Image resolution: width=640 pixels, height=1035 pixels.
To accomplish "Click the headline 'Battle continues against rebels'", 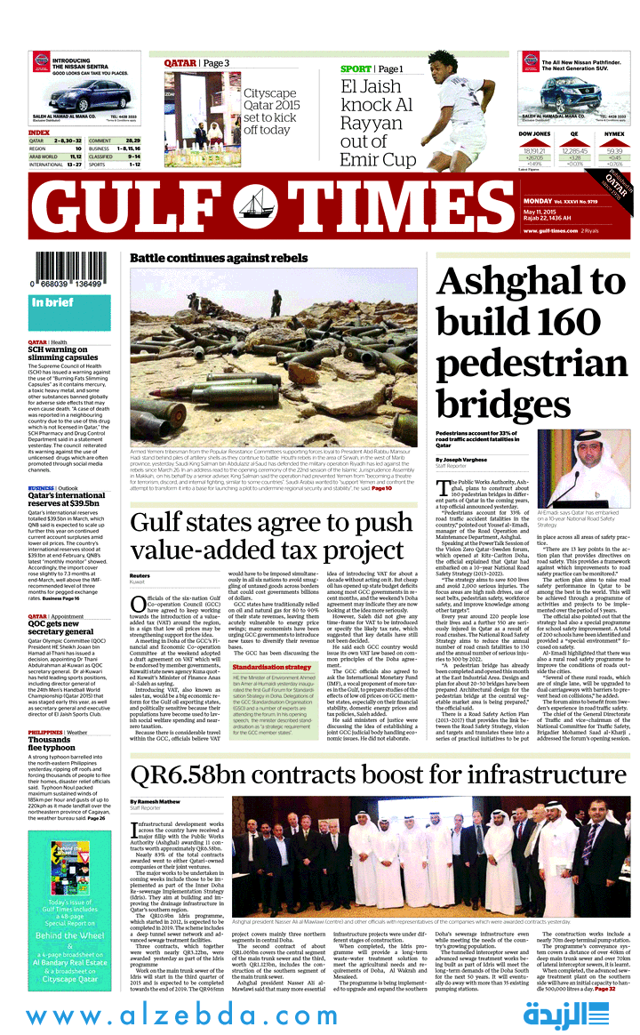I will (x=219, y=258).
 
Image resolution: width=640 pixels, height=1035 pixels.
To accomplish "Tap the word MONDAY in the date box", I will (x=539, y=201).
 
